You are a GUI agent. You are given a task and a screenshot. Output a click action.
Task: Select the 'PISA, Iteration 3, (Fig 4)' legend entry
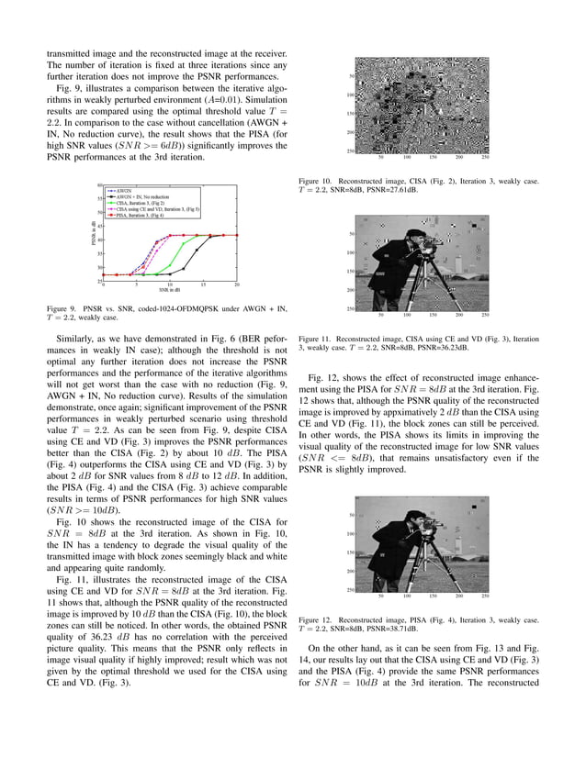(x=141, y=216)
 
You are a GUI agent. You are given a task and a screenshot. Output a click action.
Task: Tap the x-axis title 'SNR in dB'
(x=169, y=291)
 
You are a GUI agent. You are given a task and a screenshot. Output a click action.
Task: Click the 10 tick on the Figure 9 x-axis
(x=169, y=284)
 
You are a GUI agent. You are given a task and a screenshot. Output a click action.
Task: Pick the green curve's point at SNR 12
(x=183, y=245)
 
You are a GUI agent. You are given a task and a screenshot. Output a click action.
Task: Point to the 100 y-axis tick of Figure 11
(x=350, y=252)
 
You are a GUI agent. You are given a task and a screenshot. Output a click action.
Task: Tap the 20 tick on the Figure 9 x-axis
(x=237, y=284)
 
